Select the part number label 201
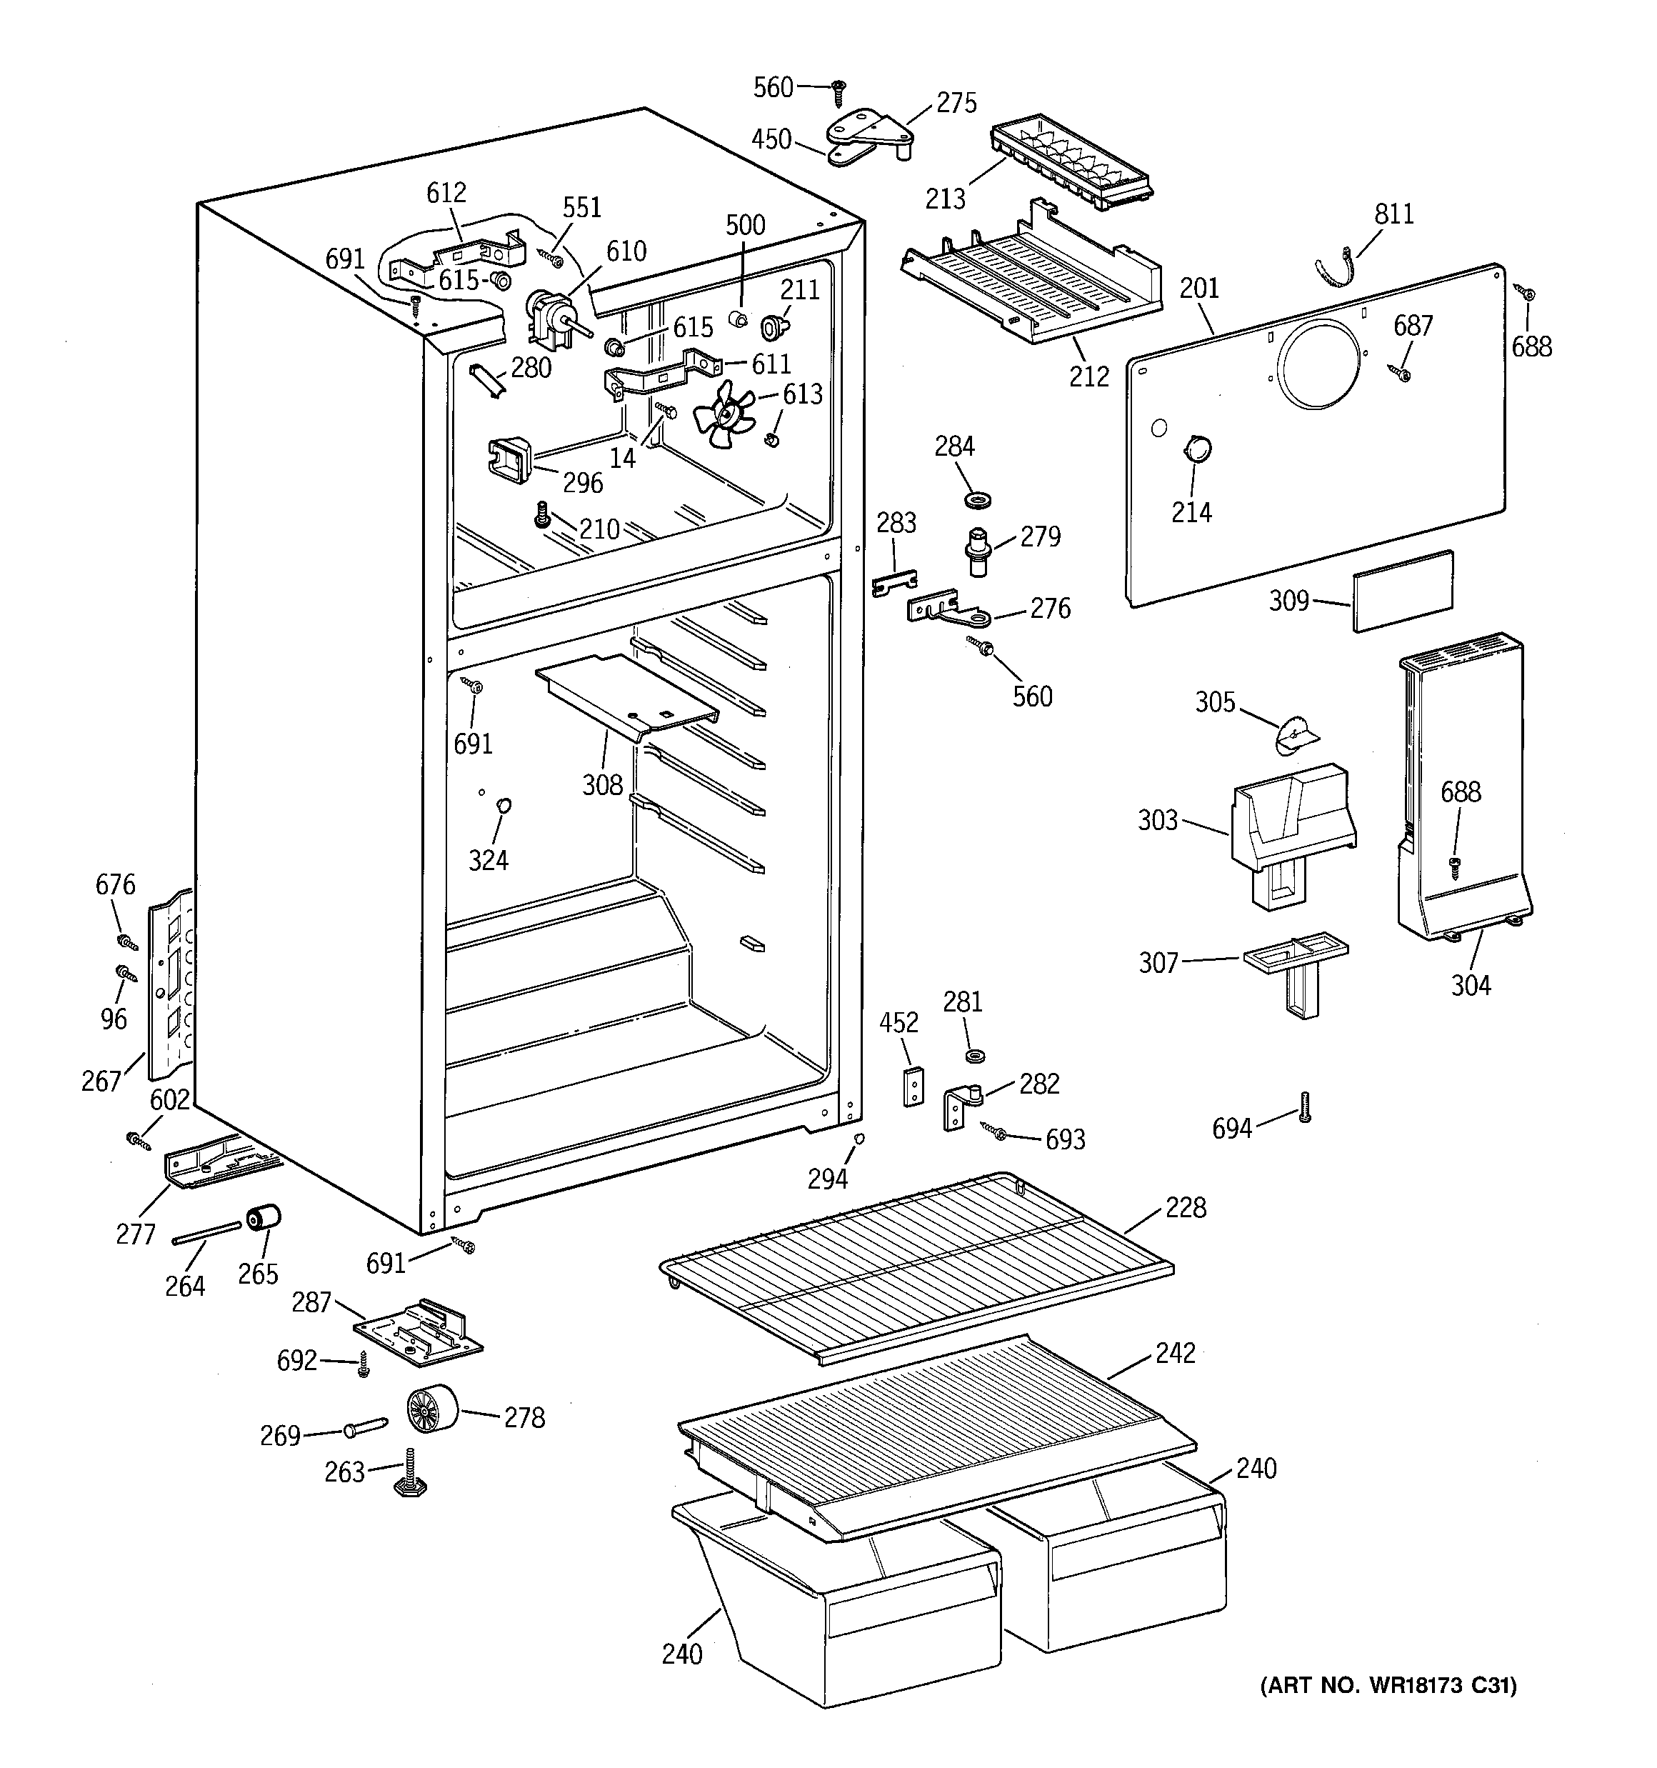1199,289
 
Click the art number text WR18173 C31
1388,1685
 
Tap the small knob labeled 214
1197,449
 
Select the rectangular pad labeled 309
1403,591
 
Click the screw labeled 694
1305,1107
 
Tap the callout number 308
602,785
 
